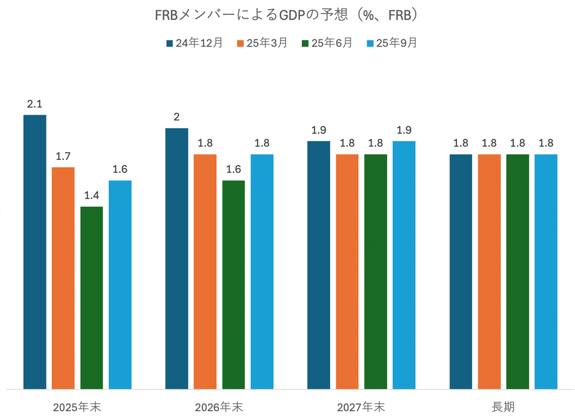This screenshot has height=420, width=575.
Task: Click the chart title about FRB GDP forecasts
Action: pyautogui.click(x=287, y=15)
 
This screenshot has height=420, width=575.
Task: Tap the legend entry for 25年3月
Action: pyautogui.click(x=262, y=43)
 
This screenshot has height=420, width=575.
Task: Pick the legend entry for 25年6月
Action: pyautogui.click(x=327, y=43)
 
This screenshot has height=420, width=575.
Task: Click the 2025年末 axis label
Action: pyautogui.click(x=77, y=408)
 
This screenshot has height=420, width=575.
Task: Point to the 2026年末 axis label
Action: pyautogui.click(x=219, y=408)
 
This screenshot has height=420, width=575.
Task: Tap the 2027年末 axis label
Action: pyautogui.click(x=361, y=408)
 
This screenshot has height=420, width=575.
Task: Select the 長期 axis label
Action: pyautogui.click(x=503, y=408)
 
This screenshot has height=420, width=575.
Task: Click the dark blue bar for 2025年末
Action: pyautogui.click(x=35, y=252)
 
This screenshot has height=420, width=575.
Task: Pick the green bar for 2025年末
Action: pyautogui.click(x=92, y=298)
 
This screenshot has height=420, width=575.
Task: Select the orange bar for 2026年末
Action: pyautogui.click(x=205, y=271)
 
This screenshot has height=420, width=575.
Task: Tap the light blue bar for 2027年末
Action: pyautogui.click(x=404, y=265)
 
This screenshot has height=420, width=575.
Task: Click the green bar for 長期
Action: pyautogui.click(x=517, y=271)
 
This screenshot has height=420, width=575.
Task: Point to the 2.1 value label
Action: pyautogui.click(x=35, y=104)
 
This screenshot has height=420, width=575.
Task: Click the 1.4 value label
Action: pyautogui.click(x=92, y=195)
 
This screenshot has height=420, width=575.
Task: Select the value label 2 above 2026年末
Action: pyautogui.click(x=177, y=117)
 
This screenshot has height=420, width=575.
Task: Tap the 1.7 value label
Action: pyautogui.click(x=63, y=156)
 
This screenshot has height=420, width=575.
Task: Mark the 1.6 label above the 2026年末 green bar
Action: pyautogui.click(x=233, y=169)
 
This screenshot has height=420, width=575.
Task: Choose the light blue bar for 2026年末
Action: pyautogui.click(x=262, y=271)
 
